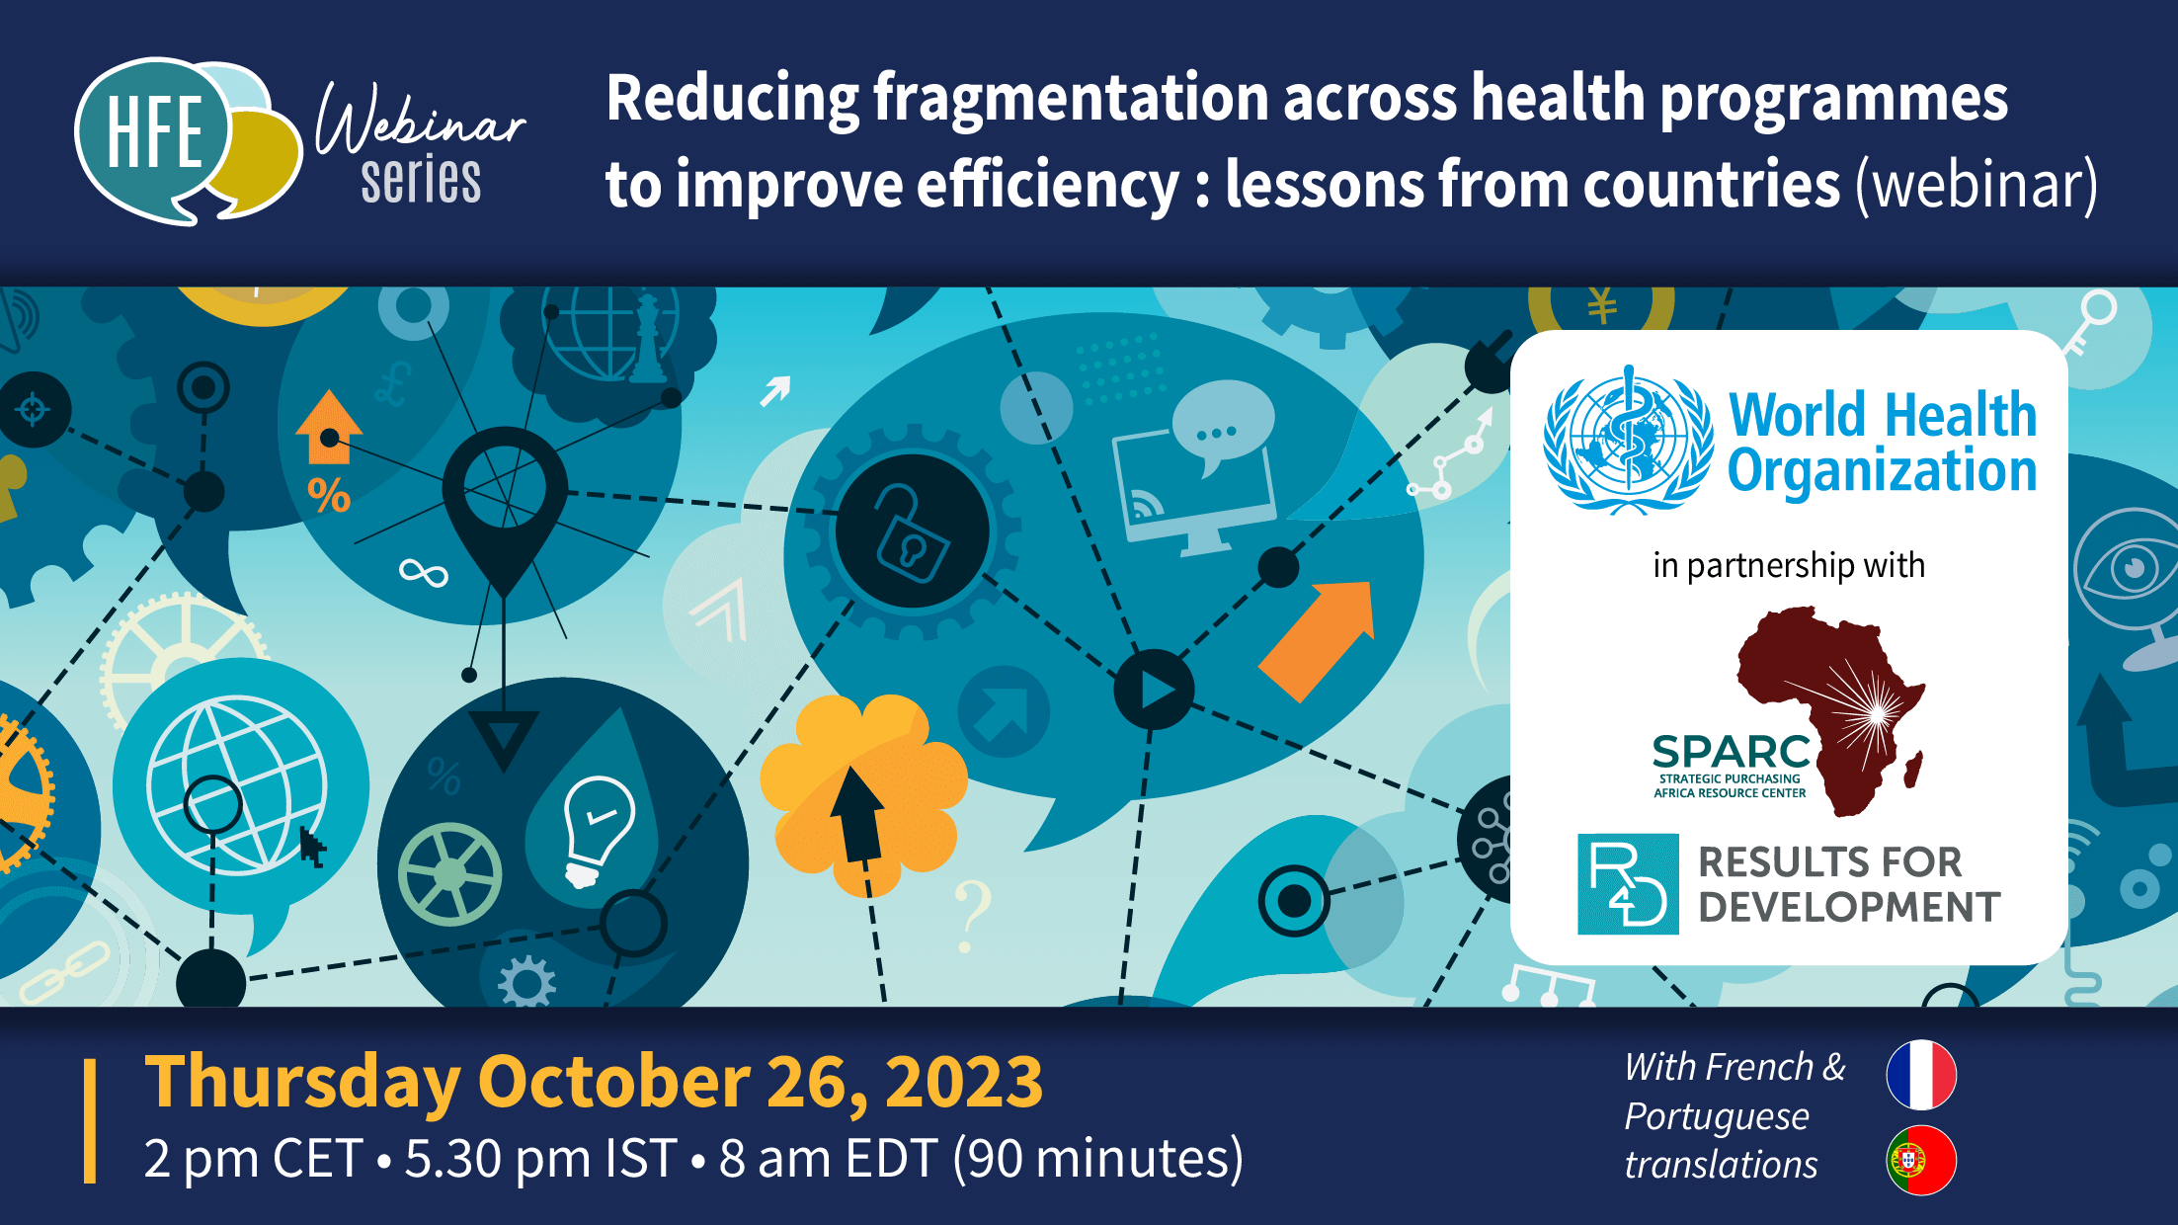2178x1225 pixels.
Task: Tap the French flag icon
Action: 1920,1075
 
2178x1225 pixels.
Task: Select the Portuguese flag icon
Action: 1920,1160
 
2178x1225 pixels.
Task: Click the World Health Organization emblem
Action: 1628,439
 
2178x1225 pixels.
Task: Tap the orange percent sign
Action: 329,495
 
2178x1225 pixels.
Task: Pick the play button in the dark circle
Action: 1154,690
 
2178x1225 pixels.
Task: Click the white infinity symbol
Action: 423,573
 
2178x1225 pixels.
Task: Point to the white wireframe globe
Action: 237,785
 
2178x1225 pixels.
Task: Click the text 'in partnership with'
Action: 1789,565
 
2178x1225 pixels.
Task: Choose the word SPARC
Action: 1731,752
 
